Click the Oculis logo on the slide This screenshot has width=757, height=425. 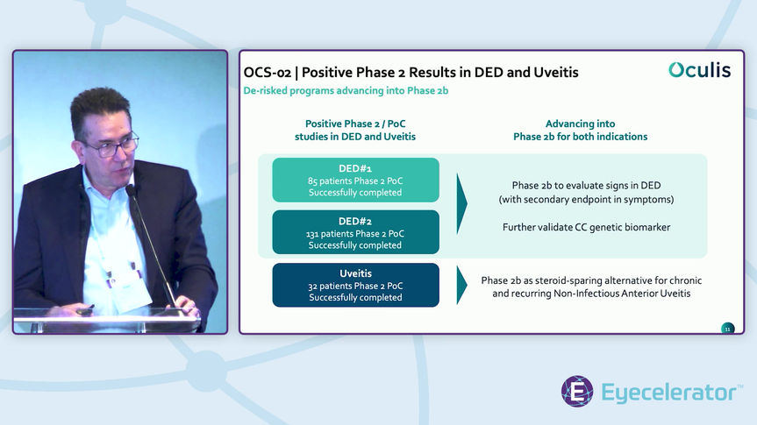coord(698,71)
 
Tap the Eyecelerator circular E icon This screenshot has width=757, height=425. coord(577,392)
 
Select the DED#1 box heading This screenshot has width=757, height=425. coord(355,168)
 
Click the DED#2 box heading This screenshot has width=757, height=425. coord(355,221)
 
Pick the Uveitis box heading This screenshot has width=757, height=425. coord(355,273)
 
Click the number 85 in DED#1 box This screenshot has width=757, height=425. coord(313,181)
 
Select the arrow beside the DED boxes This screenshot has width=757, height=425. coord(462,204)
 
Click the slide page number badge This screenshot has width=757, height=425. coord(727,329)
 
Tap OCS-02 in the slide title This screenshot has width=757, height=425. coord(267,72)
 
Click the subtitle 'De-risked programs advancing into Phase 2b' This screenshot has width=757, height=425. coord(346,91)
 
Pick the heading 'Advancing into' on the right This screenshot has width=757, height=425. coord(580,124)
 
